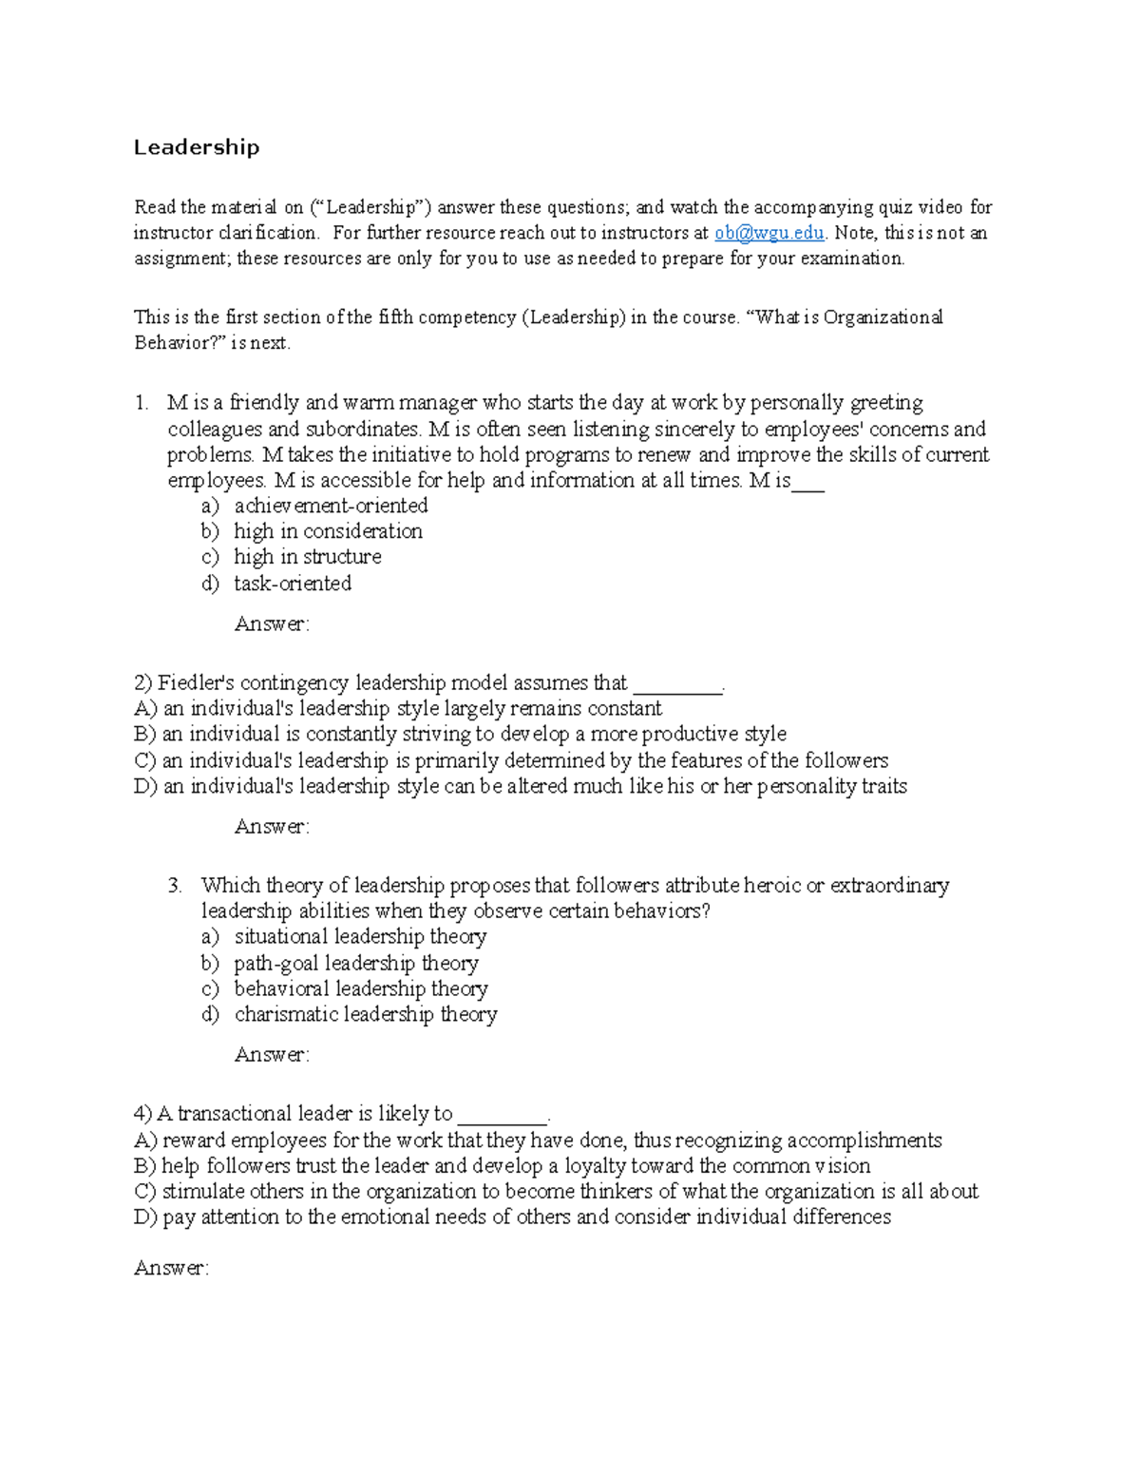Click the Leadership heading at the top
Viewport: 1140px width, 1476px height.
coord(196,147)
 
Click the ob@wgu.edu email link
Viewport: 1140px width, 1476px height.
coord(769,233)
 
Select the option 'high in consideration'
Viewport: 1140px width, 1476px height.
coord(328,531)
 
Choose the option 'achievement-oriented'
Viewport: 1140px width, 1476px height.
coord(331,506)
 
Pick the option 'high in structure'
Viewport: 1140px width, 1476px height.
coord(308,557)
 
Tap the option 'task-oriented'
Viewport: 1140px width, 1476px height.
coord(293,584)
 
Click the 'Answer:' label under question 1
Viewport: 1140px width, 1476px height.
coord(272,624)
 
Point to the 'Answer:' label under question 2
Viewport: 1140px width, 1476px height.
coord(272,827)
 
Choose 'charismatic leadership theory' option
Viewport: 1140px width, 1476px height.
coord(366,1015)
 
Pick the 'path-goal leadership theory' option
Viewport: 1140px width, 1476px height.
coord(356,964)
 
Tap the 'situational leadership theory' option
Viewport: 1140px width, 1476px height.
coord(360,937)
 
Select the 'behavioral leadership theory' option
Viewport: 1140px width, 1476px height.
coord(361,989)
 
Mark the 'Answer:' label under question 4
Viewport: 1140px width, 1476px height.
coord(171,1269)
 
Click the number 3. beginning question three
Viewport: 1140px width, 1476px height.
coord(175,886)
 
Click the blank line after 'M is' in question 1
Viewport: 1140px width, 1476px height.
coord(808,482)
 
